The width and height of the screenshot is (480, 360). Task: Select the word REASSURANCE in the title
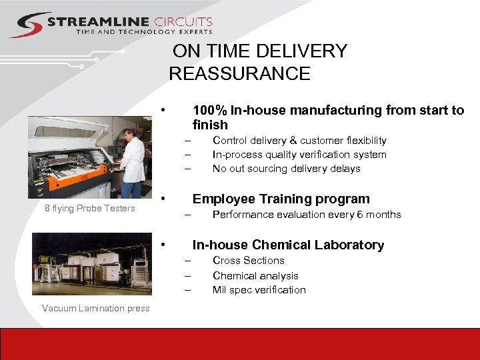[239, 73]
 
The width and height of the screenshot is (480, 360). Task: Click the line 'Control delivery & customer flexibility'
[299, 141]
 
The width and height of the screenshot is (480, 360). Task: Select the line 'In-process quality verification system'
[299, 155]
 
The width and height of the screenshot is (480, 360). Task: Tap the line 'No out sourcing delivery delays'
[286, 169]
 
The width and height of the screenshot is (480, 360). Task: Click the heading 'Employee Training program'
[281, 199]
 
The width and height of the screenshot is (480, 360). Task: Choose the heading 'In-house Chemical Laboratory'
[288, 245]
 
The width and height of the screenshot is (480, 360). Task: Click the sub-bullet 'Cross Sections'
[248, 261]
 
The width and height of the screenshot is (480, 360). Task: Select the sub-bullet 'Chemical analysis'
[255, 275]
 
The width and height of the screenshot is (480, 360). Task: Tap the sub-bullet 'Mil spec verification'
[259, 290]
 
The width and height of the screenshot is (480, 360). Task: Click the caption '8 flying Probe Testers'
[90, 209]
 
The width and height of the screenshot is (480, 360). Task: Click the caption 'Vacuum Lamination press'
[95, 308]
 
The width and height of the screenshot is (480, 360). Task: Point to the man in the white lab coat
[133, 157]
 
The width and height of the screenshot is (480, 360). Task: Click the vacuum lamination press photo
[91, 263]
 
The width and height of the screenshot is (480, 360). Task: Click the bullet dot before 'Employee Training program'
[164, 199]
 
